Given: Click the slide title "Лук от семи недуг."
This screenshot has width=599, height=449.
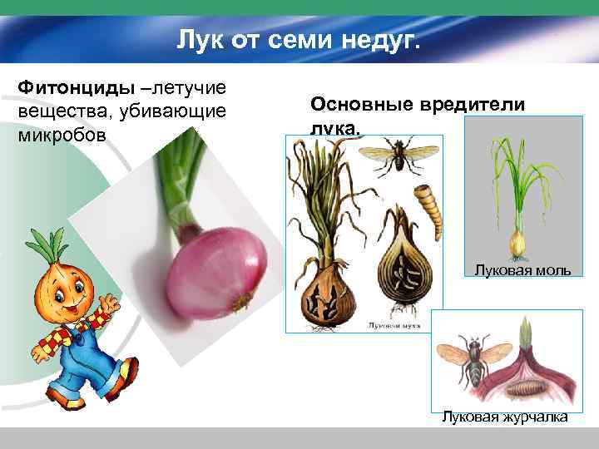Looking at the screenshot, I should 299,38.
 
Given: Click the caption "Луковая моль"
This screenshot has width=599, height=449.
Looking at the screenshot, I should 522,269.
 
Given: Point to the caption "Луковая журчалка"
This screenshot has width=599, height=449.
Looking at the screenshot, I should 505,417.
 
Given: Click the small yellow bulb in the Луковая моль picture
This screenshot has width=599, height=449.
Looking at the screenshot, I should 517,243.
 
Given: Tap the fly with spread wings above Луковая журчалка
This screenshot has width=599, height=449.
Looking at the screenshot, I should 474,353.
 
